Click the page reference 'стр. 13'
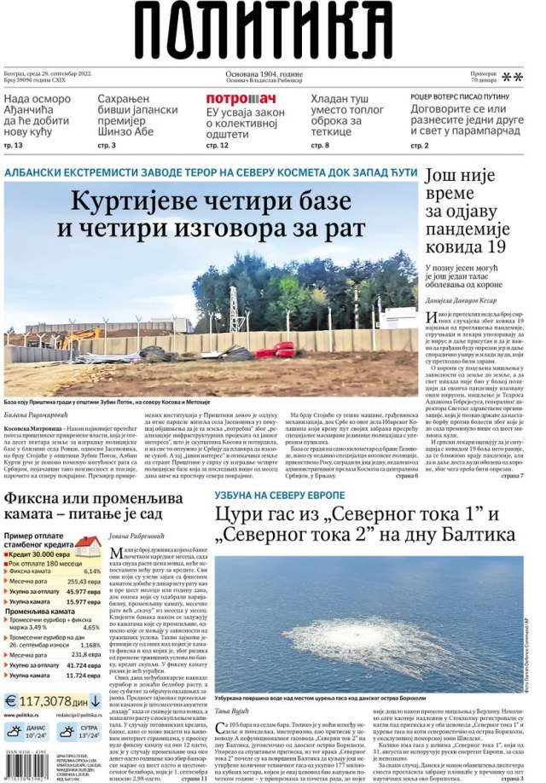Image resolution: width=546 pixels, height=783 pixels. tap(15, 146)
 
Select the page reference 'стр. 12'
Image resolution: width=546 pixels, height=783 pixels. tap(218, 146)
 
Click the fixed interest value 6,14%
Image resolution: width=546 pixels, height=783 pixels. tap(92, 571)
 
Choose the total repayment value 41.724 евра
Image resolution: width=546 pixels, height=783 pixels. tap(84, 664)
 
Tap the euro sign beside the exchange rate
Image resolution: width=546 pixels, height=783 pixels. tap(10, 700)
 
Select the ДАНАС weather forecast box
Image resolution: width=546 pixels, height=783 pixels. tap(28, 732)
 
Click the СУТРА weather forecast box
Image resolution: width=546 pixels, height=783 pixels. tap(78, 732)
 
